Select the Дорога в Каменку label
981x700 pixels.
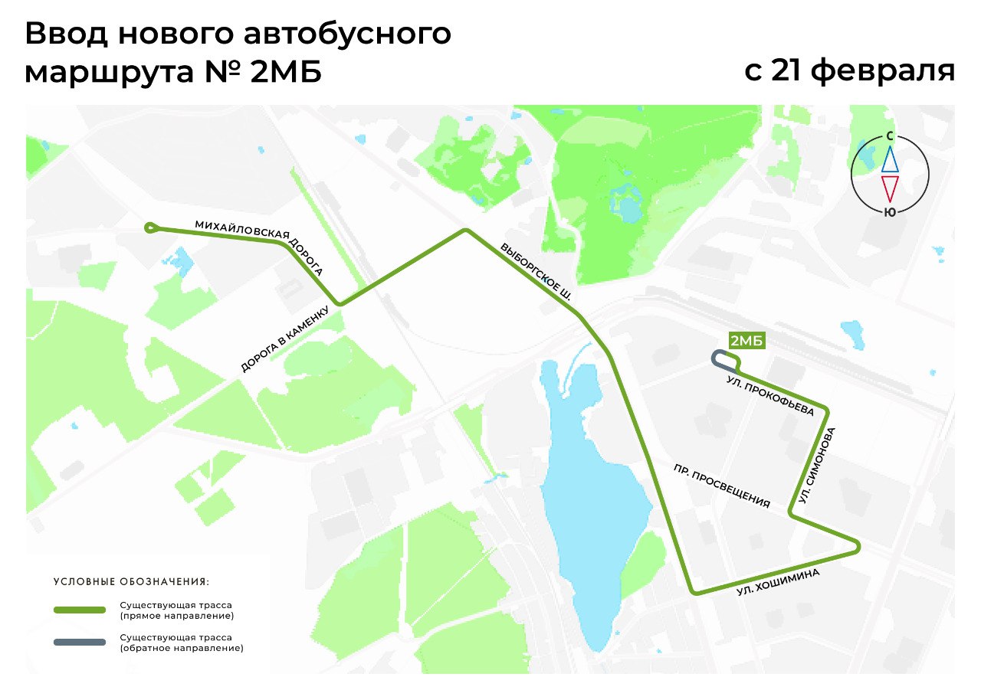284,339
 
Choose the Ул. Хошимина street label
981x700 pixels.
778,582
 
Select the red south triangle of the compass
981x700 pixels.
889,188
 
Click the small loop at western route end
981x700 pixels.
152,227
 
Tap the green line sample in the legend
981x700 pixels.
79,610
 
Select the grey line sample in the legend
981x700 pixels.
79,642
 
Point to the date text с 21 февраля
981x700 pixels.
849,70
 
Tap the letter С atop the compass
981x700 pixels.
889,136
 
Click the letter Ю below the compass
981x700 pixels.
889,213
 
